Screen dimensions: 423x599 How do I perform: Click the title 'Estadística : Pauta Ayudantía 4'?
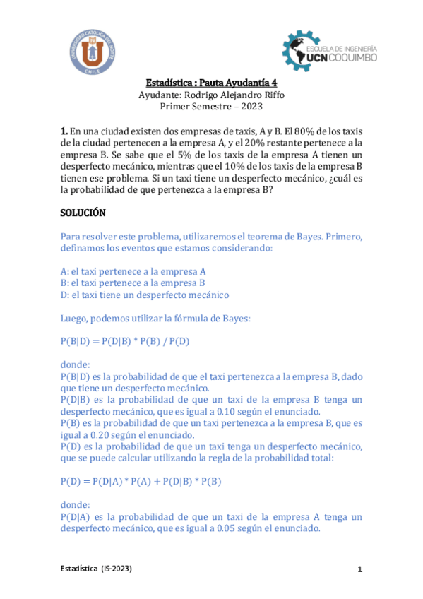click(211, 82)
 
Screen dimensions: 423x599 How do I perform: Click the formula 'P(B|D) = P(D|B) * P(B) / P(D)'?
click(125, 342)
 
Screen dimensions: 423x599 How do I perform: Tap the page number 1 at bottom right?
click(359, 569)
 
